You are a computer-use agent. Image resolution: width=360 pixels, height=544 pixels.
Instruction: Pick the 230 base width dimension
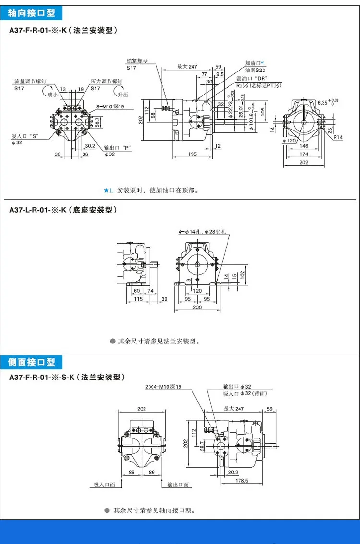[x=198, y=307]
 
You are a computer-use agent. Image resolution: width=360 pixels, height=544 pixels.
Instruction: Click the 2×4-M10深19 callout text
[x=163, y=387]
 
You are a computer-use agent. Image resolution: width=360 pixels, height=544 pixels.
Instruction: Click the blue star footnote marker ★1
[x=108, y=190]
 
